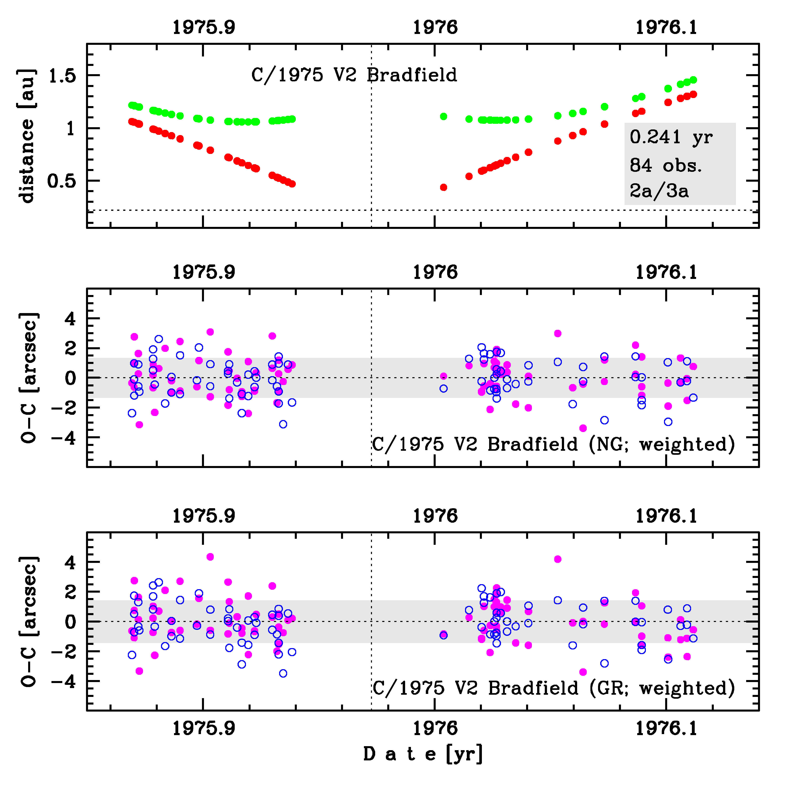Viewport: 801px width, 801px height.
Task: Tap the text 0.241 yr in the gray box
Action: click(671, 137)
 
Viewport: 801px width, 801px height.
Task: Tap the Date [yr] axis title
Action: click(423, 754)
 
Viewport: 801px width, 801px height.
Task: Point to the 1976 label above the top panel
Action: click(435, 27)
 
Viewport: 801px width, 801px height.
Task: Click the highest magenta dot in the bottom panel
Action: click(210, 557)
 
